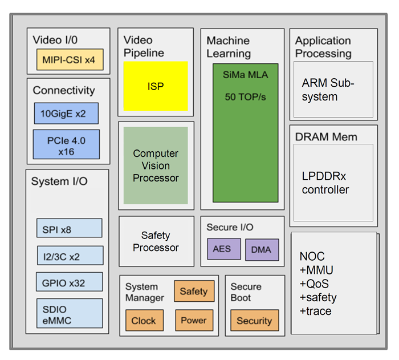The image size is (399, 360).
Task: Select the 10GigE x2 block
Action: coord(66,113)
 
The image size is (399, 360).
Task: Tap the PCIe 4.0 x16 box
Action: coord(66,144)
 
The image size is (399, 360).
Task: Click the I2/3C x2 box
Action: coord(69,256)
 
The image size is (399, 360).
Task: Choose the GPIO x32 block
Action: coord(69,282)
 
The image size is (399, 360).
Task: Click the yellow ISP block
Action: coord(156,86)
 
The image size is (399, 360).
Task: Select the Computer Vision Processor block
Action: coord(156,165)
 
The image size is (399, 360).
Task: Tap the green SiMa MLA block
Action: coord(246,132)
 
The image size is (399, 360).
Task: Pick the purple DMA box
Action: coord(262,249)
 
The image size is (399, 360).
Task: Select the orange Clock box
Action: coord(144,321)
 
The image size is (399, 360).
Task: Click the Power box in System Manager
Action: coord(194,321)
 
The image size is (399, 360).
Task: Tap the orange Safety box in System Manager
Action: coord(194,292)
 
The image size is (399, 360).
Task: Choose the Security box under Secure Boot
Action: coord(254,321)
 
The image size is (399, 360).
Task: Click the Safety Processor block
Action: coord(156,241)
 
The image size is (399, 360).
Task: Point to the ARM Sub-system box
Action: coord(333,90)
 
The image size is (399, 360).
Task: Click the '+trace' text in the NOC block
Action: coord(315,312)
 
